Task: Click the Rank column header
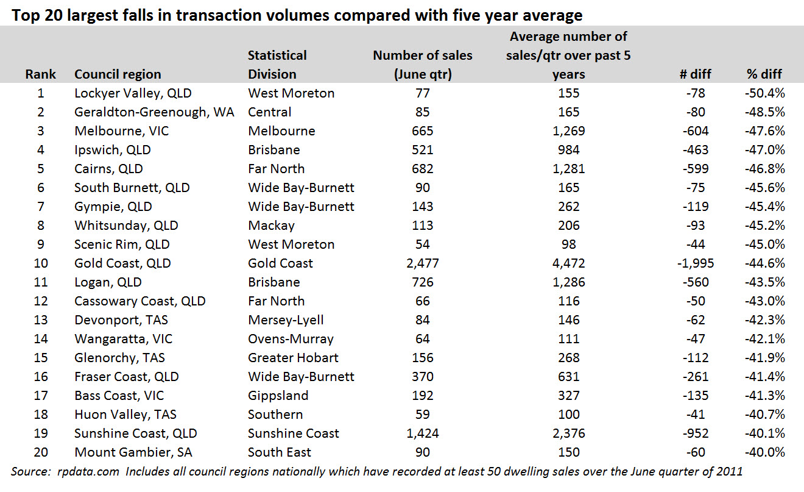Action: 40,74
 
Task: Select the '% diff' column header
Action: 764,74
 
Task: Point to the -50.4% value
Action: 764,93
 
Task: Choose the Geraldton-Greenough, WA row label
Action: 154,112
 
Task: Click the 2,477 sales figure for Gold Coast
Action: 422,263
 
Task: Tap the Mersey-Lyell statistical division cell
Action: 286,320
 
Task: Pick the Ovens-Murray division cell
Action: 291,339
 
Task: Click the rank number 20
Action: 40,452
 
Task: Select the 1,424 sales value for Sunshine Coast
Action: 422,433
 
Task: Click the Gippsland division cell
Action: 278,396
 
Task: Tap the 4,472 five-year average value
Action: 569,263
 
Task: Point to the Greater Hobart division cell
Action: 293,358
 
